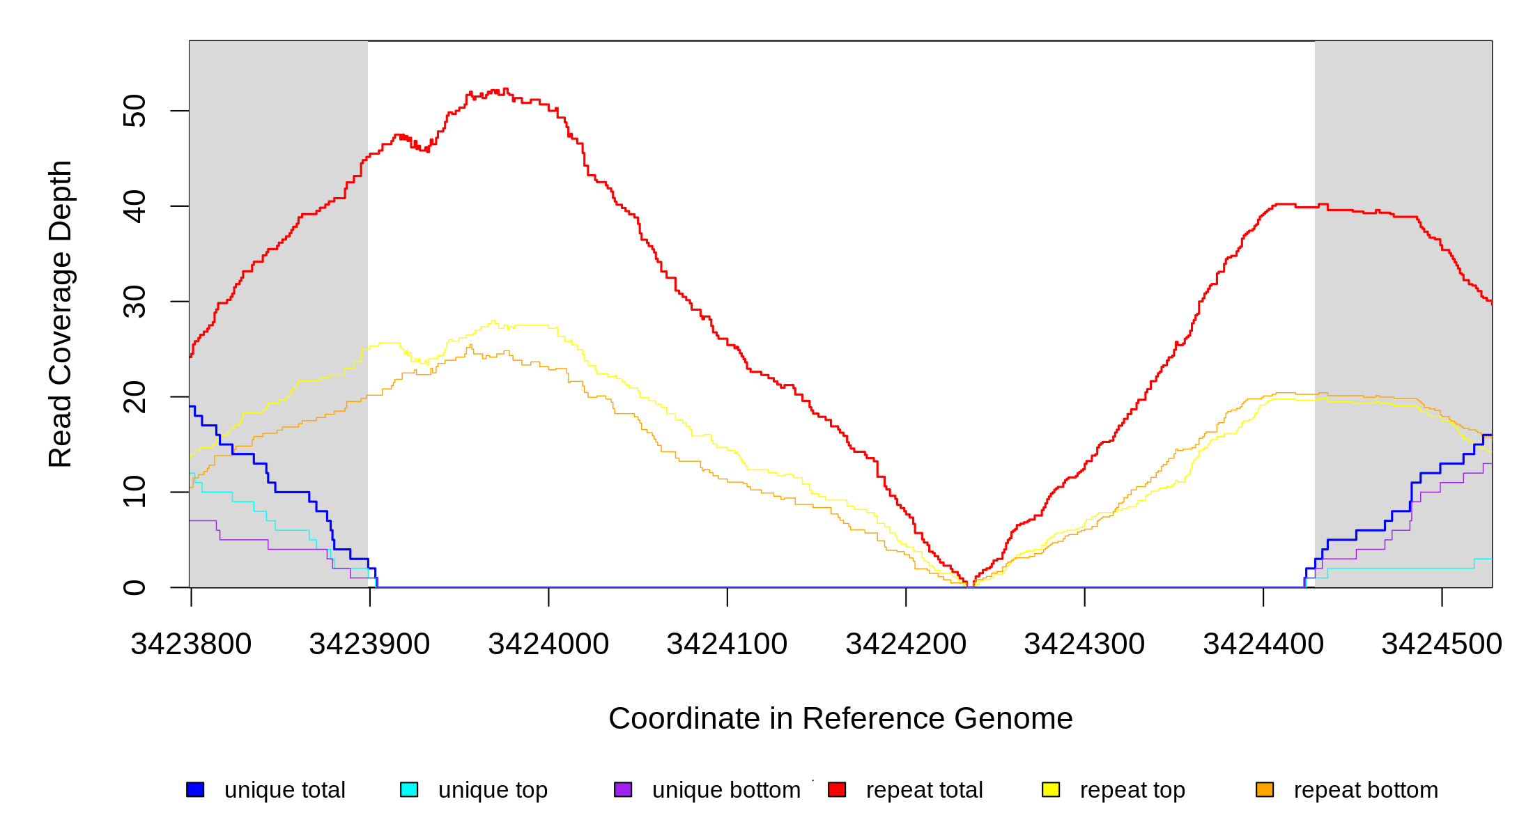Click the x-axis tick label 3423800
pos(191,644)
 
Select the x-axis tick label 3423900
pos(370,644)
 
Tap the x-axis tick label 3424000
pos(548,644)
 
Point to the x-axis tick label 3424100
pos(727,644)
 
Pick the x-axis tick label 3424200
pos(906,644)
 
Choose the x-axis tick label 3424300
pos(1084,644)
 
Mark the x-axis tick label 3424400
pos(1263,644)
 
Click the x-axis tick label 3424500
pos(1442,644)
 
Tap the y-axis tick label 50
pos(134,111)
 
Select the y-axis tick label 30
pos(134,302)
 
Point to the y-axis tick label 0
pos(134,587)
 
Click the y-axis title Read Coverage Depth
pos(61,313)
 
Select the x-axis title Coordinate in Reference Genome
pos(840,718)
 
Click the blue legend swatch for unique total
pos(195,789)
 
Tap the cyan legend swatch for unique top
pos(409,789)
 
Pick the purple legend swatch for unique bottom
pos(623,789)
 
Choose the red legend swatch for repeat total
pos(837,789)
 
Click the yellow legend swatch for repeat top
pos(1051,789)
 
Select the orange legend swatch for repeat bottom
pos(1265,789)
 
